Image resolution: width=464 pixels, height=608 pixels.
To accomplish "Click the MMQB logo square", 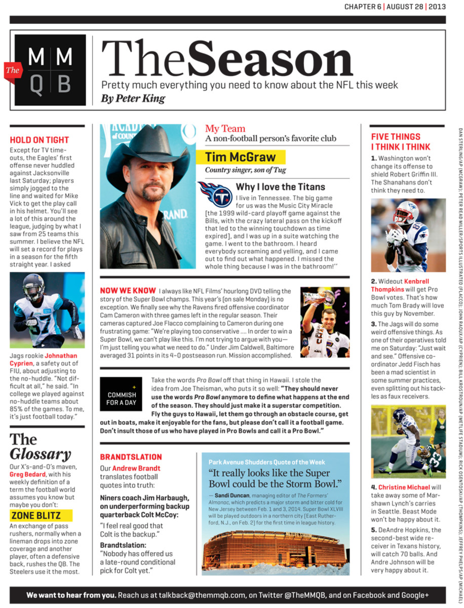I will (x=50, y=70).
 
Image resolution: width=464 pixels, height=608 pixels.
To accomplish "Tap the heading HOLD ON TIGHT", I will (x=40, y=140).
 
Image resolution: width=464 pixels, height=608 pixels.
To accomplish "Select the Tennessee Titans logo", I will (x=215, y=193).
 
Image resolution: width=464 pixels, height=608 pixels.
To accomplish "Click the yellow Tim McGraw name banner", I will (x=245, y=157).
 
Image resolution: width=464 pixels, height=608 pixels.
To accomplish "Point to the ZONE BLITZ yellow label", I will (x=42, y=516).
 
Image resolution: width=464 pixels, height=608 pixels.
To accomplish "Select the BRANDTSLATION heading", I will (x=131, y=457).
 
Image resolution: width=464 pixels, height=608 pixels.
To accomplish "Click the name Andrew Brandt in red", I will (x=136, y=468).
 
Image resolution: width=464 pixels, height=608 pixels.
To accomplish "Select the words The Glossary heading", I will (x=41, y=446).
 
